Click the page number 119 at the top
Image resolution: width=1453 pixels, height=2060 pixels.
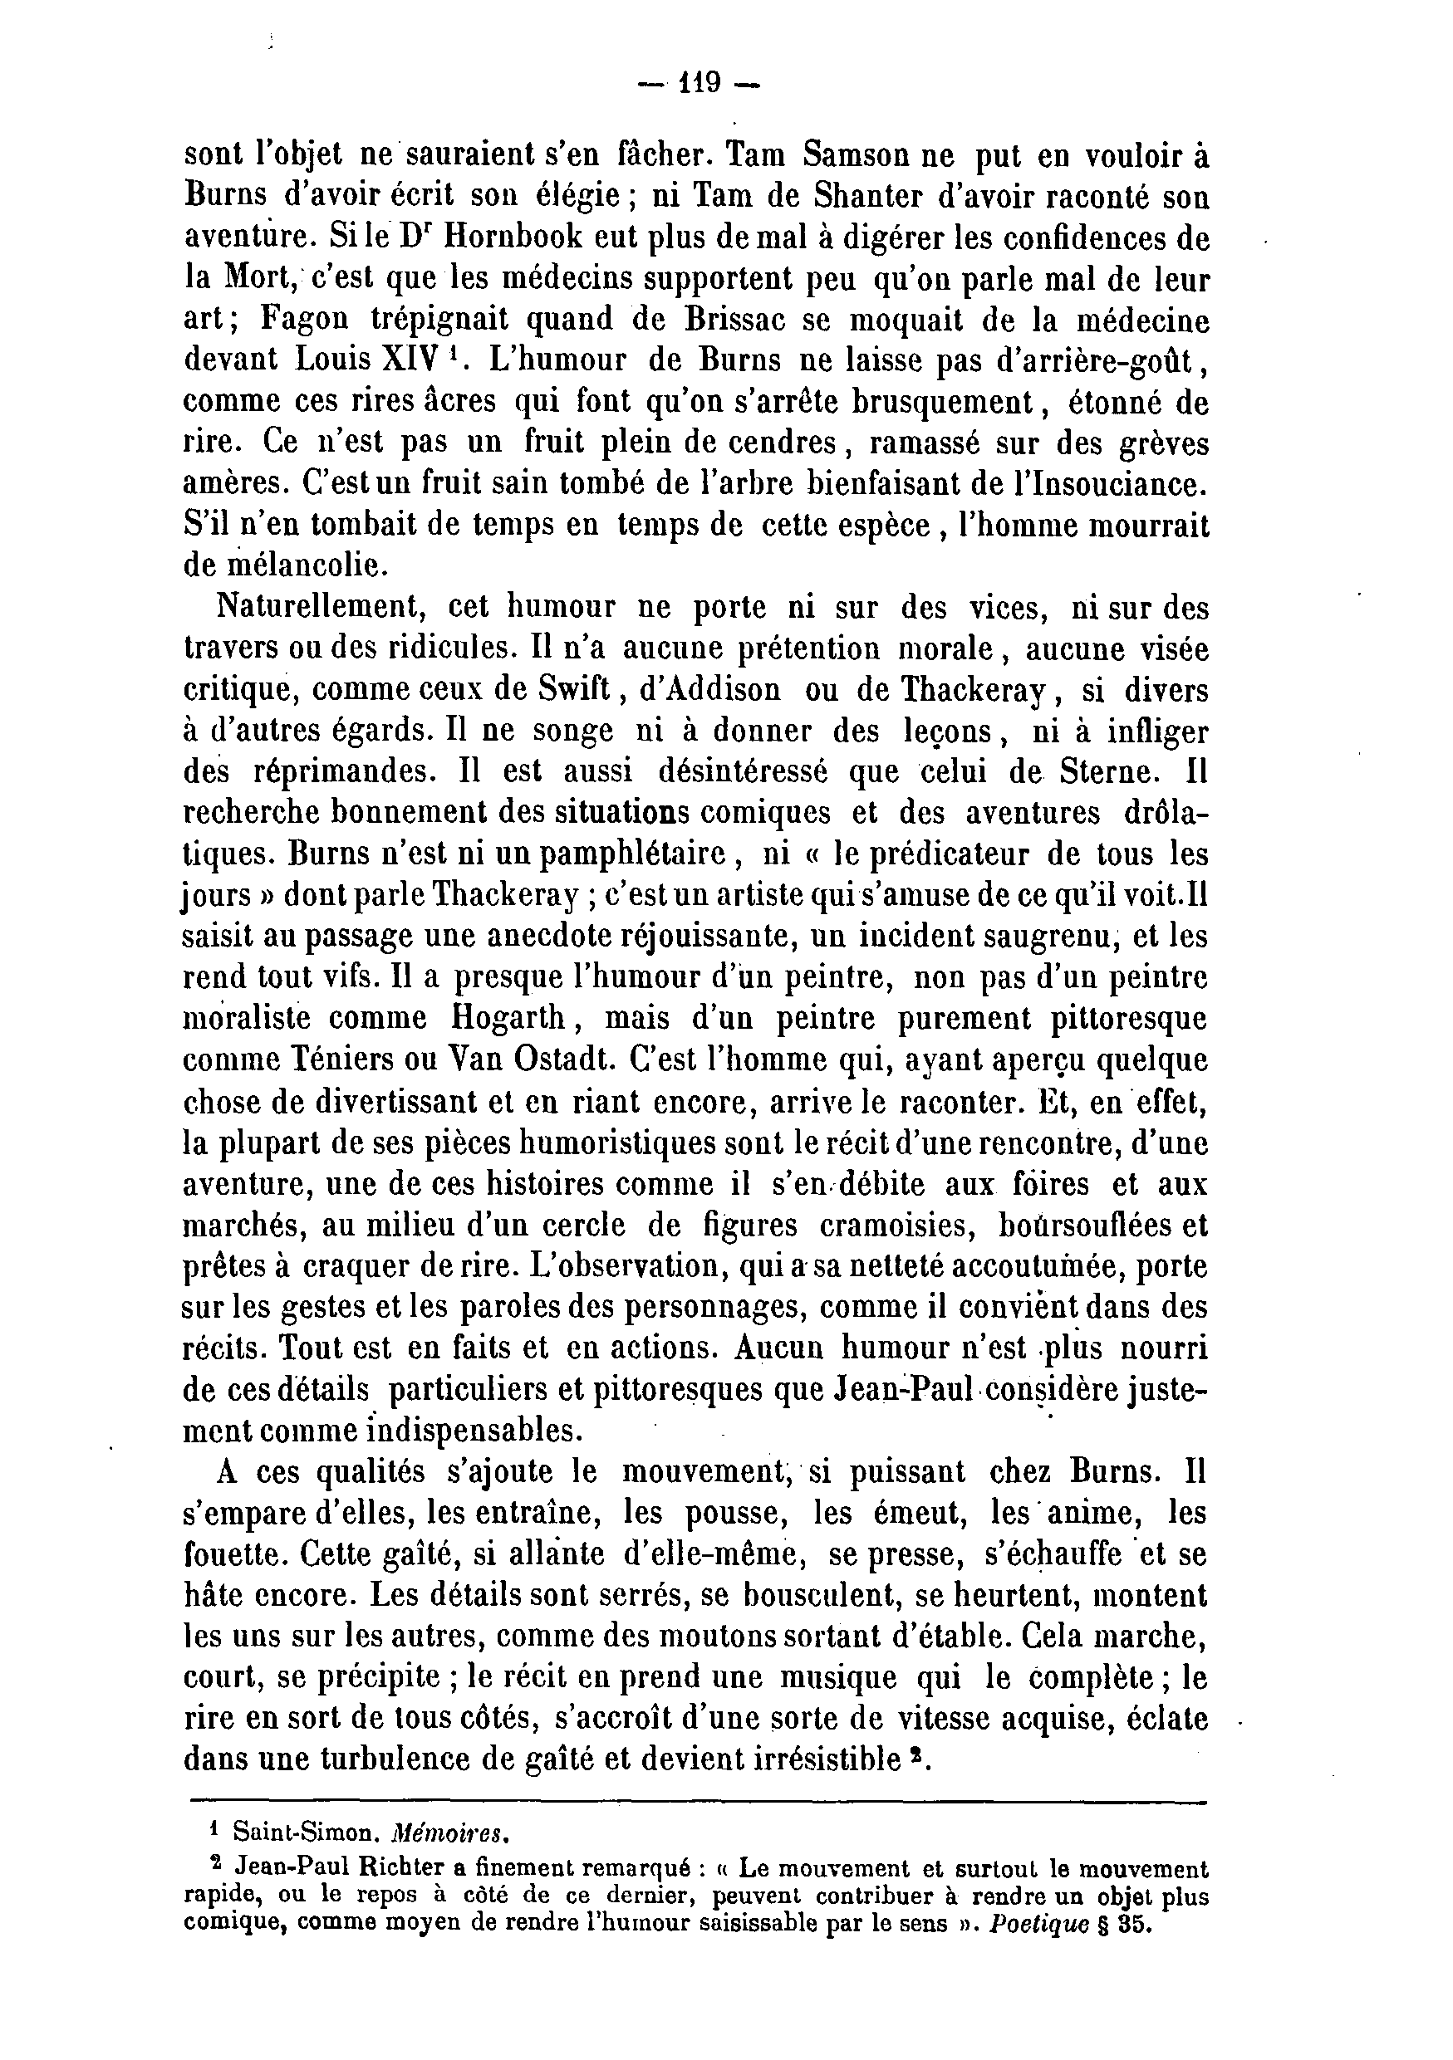[700, 83]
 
